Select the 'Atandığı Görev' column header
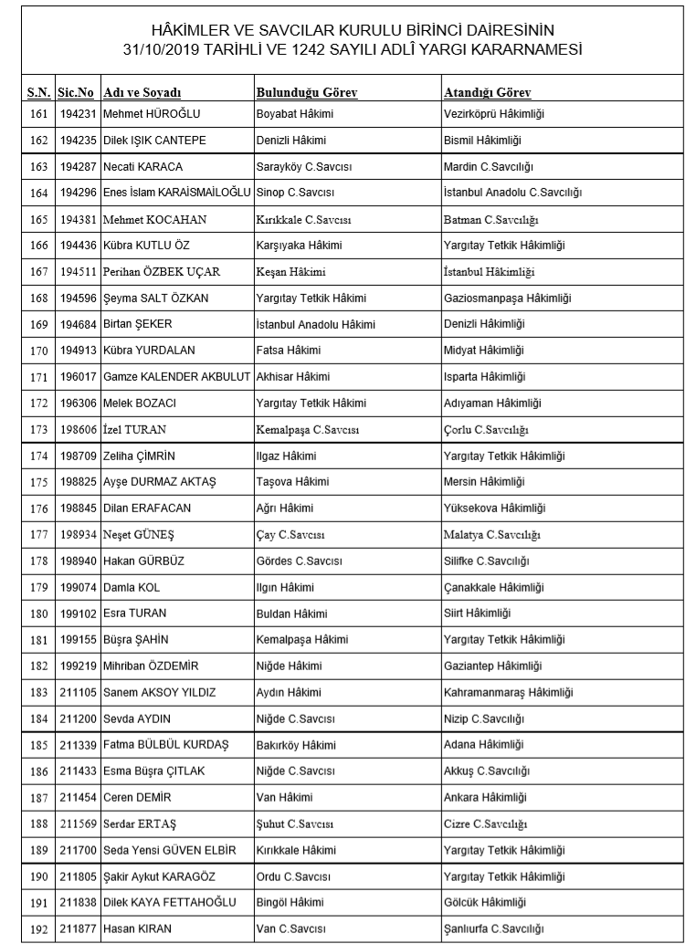coord(487,93)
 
